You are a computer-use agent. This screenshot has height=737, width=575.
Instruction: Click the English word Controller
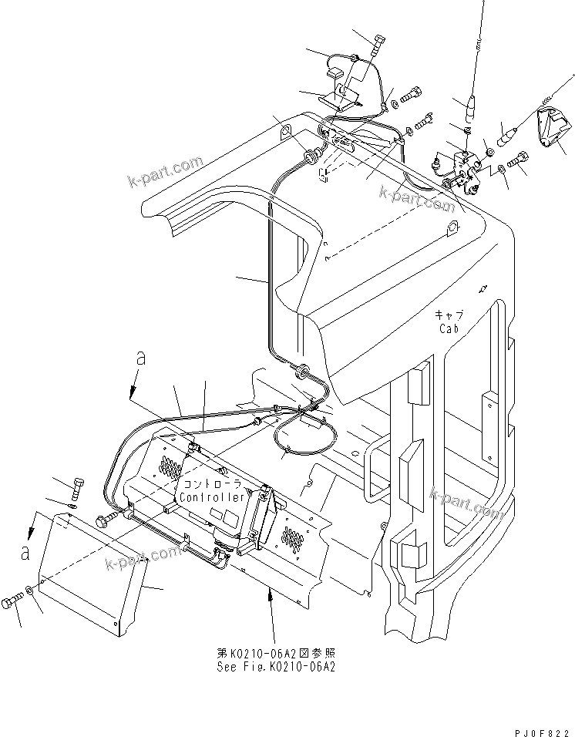coord(210,498)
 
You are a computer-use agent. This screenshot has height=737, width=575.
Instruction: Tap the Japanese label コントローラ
coord(210,486)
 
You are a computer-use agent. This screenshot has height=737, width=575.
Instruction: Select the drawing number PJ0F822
coord(542,729)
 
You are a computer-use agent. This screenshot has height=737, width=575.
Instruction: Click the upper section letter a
coord(140,358)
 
